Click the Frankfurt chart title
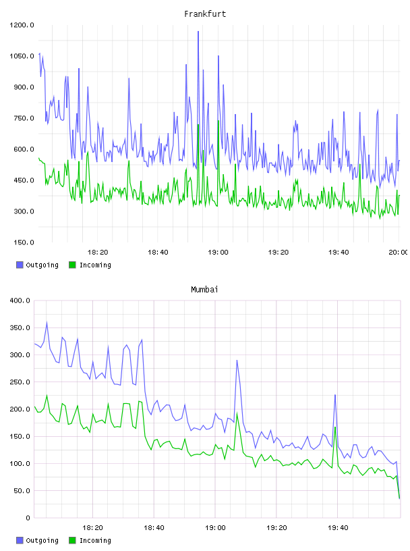coord(205,14)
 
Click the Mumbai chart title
coord(204,290)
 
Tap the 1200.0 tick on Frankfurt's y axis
coord(22,25)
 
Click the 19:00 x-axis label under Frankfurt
coord(218,253)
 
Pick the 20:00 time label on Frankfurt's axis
coord(399,253)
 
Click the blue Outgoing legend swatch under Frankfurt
coord(20,265)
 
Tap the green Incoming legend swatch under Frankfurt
coord(72,265)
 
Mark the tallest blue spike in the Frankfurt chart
coord(198,32)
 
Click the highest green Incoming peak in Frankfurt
coord(218,121)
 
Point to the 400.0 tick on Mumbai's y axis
coord(20,300)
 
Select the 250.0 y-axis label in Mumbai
coord(20,382)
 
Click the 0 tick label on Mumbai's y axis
coord(28,518)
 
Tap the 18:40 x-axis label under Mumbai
coord(154,528)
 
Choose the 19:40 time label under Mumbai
coord(338,528)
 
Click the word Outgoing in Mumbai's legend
coord(42,540)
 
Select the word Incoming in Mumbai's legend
coord(95,540)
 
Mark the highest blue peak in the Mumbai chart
coord(47,322)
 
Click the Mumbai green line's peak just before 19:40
coord(335,427)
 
